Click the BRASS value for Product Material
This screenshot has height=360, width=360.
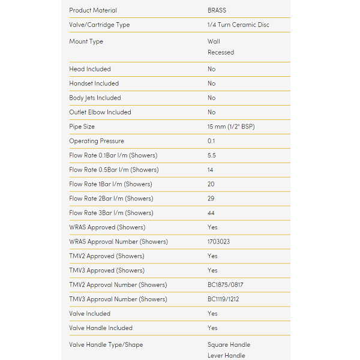[x=217, y=10]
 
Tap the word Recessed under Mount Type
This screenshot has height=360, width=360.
[x=221, y=52]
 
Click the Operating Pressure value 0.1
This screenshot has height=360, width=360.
[x=211, y=141]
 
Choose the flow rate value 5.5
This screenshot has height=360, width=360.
[x=212, y=155]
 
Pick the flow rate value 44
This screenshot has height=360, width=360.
[x=211, y=213]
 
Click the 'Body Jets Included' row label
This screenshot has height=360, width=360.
[x=95, y=98]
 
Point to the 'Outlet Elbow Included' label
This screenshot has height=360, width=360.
[x=100, y=112]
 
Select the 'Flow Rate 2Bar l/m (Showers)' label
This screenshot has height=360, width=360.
[x=111, y=199]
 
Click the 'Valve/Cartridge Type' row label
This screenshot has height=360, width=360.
[x=99, y=25]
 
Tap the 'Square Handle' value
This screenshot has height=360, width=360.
[x=229, y=345]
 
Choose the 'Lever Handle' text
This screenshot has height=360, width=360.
[x=226, y=356]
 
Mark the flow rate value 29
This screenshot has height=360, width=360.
[x=211, y=199]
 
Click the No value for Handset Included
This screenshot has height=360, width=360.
[x=211, y=83]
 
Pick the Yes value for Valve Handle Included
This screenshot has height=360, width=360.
[x=212, y=328]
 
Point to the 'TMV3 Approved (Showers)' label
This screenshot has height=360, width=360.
[x=107, y=271]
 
